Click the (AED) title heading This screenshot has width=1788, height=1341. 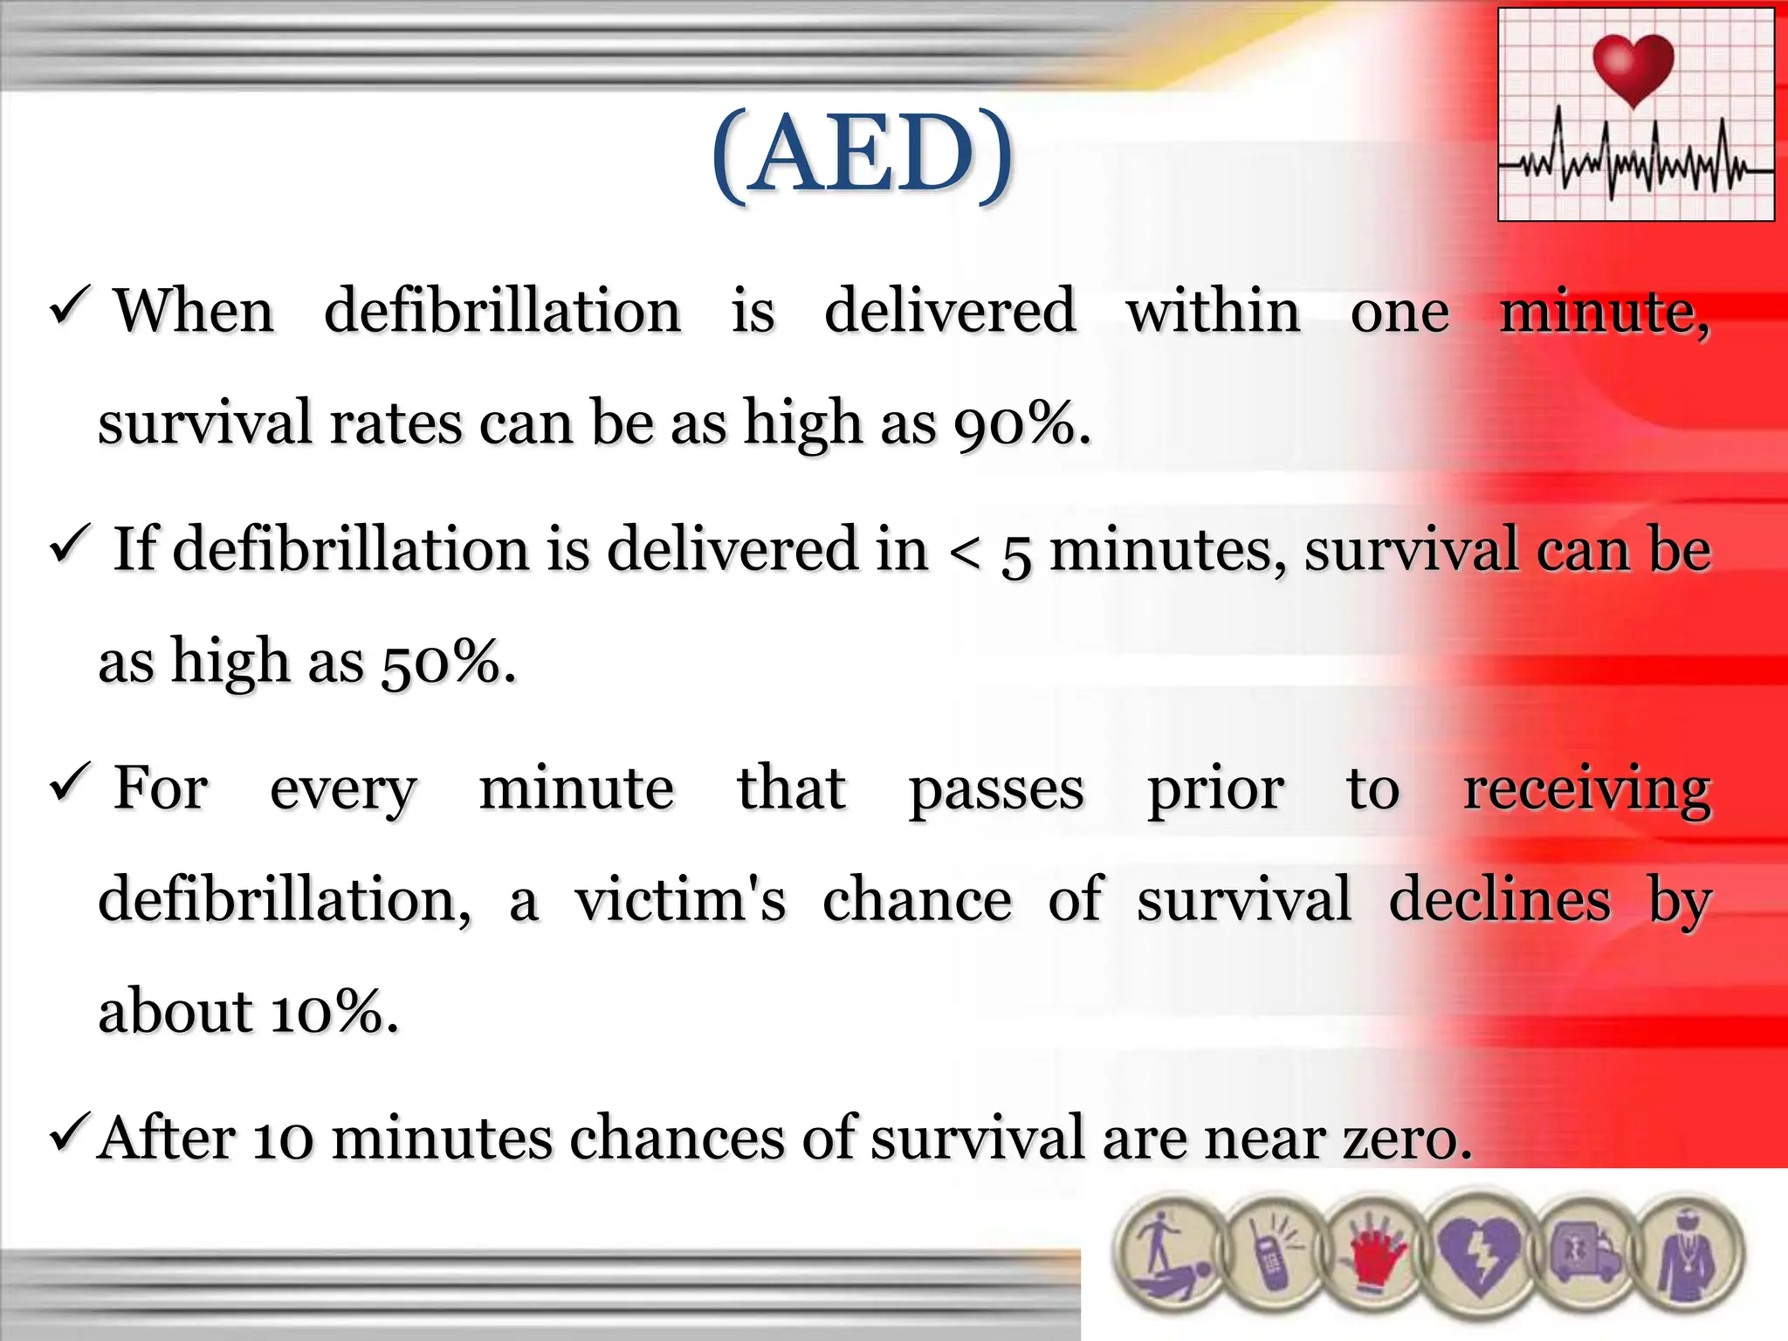[x=863, y=155]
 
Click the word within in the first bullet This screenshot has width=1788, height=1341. [x=1213, y=312]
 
